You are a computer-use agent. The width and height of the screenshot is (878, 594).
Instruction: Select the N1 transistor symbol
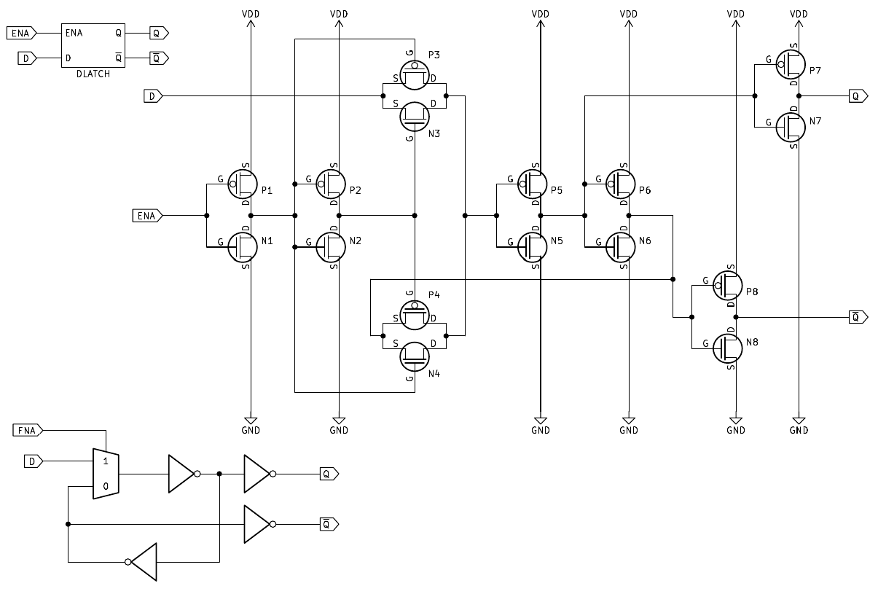click(x=243, y=246)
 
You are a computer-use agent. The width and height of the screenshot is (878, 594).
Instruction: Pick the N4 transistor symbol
click(x=414, y=356)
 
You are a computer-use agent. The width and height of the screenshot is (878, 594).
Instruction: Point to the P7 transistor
click(x=791, y=64)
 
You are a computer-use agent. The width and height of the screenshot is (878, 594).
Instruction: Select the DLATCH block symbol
click(x=93, y=45)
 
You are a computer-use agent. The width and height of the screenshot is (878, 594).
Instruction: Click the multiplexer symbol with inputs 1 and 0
click(x=106, y=474)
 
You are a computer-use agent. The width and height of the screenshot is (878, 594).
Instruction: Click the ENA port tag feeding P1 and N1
click(x=146, y=215)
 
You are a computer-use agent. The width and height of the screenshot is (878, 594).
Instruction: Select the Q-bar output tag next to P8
click(x=858, y=316)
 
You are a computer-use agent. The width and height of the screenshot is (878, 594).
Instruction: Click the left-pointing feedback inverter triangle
click(x=144, y=561)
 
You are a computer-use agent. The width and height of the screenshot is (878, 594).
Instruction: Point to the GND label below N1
click(x=250, y=430)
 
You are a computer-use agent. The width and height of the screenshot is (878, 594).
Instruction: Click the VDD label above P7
click(x=799, y=14)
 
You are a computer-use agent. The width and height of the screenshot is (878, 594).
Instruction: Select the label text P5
click(x=557, y=190)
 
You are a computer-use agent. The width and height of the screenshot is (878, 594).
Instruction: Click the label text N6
click(x=645, y=241)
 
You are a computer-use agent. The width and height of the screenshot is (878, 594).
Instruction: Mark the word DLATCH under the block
click(x=93, y=74)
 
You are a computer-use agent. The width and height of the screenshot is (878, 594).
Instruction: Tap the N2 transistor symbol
click(x=332, y=246)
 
